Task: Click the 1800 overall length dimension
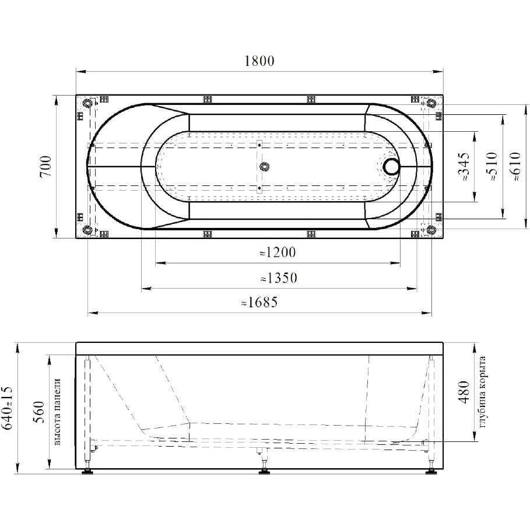(259, 61)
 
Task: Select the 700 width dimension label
(45, 166)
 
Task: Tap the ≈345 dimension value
(464, 166)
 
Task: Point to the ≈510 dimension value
(492, 166)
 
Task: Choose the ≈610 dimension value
(516, 166)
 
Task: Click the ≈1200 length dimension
(278, 252)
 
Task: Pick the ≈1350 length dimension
(279, 278)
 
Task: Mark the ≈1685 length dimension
(259, 302)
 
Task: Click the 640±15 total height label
(8, 408)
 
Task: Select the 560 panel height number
(39, 412)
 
